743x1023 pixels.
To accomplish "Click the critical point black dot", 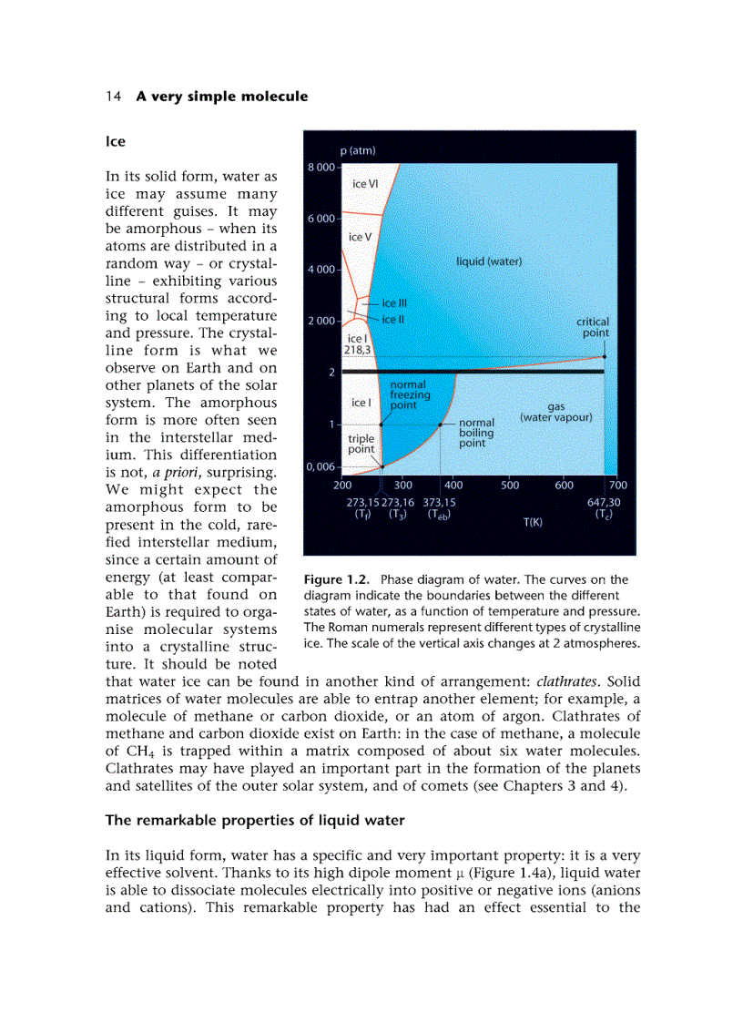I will [x=605, y=356].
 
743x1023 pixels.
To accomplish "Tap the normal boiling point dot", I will [x=441, y=425].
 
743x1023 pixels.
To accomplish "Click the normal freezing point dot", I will [x=381, y=425].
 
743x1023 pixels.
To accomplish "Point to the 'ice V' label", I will [x=361, y=237].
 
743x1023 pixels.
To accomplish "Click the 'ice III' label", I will [x=394, y=303].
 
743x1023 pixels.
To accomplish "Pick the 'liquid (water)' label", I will [x=489, y=261].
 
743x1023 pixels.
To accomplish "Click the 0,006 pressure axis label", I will [x=321, y=466].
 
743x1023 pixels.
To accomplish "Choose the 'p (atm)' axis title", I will [x=357, y=151].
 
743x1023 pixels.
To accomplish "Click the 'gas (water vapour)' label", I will [x=555, y=413].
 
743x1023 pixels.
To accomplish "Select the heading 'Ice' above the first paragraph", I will [x=116, y=142].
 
